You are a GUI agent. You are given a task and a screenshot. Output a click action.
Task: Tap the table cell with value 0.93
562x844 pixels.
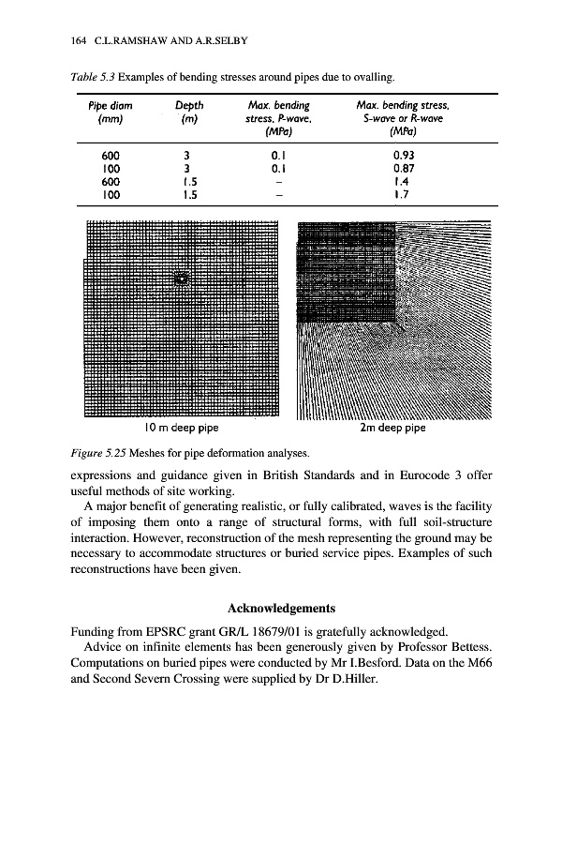pyautogui.click(x=406, y=156)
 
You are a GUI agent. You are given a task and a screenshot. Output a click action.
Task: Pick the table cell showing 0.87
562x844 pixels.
pyautogui.click(x=406, y=169)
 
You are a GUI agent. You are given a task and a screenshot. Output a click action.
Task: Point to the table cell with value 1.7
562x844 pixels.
pyautogui.click(x=404, y=195)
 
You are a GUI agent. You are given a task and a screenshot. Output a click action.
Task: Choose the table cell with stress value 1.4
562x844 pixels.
pyautogui.click(x=404, y=182)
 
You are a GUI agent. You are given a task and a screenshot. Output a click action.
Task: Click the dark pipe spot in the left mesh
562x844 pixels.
pyautogui.click(x=182, y=279)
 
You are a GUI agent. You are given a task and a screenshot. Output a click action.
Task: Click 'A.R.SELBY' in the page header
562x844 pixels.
pyautogui.click(x=216, y=41)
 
